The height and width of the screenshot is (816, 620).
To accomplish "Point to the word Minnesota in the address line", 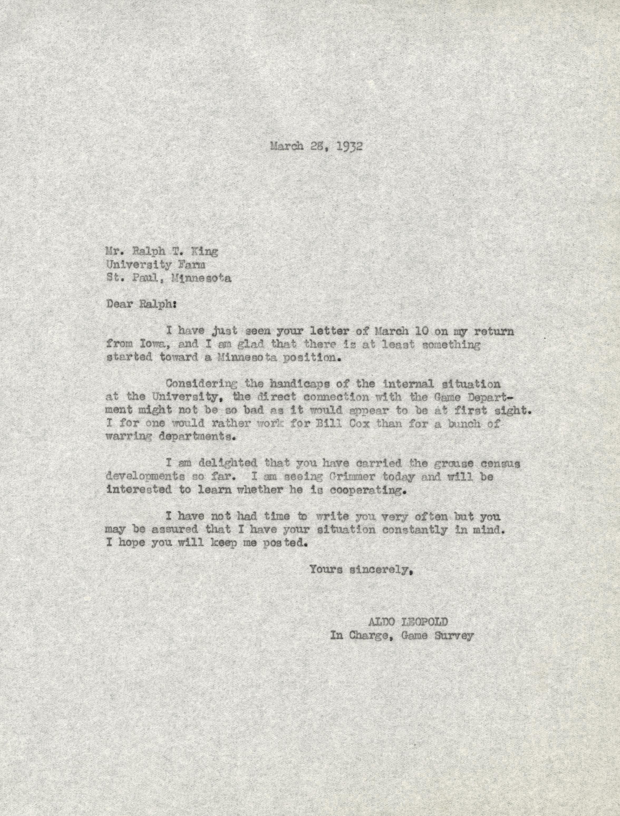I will [201, 278].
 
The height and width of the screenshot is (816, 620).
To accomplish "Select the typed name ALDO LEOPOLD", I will [408, 622].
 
